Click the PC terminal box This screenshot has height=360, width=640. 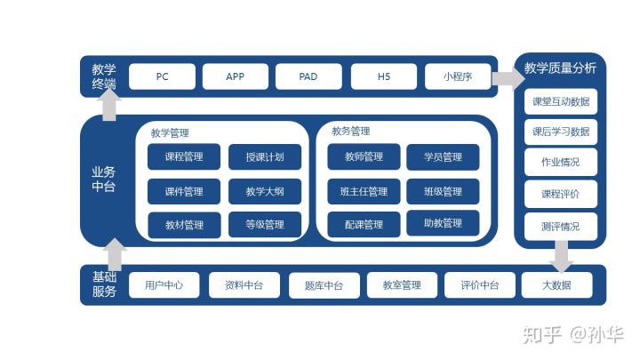pos(162,76)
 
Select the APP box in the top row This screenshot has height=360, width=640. pos(235,76)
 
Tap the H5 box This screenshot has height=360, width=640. pos(383,76)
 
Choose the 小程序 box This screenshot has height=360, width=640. pos(457,76)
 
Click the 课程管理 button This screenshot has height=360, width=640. pos(184,157)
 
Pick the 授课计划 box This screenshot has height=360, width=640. pos(265,157)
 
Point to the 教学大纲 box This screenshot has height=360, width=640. pos(265,191)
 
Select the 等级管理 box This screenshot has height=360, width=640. pos(265,225)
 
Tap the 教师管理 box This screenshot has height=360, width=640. pos(362,157)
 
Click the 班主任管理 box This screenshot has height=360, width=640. pos(362,191)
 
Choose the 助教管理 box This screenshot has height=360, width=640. pos(443,223)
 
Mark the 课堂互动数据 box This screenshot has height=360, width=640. pos(560,101)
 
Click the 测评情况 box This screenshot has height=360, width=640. pos(560,226)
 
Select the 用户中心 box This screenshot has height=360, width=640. pos(163,285)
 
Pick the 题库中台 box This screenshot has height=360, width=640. pos(323,285)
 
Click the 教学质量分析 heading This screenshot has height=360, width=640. pos(560,68)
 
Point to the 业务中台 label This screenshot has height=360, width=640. pos(104,179)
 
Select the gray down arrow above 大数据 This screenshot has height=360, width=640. pos(562,259)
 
